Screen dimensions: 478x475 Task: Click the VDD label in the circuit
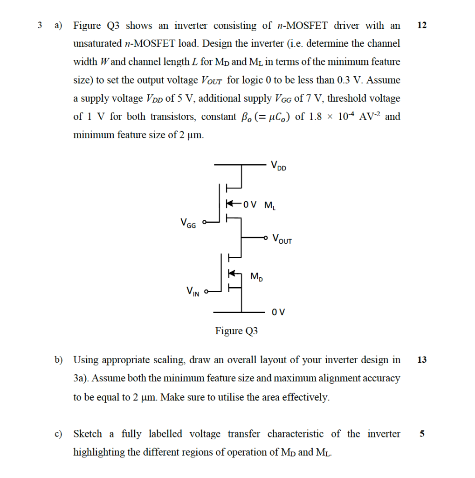point(279,166)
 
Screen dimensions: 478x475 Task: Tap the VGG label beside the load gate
point(188,223)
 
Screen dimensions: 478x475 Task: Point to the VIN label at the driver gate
point(193,292)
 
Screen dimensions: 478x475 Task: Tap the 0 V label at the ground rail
point(278,312)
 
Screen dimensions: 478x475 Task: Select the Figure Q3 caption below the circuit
point(236,331)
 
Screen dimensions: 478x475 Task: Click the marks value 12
point(421,25)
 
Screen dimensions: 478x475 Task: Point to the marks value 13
point(421,359)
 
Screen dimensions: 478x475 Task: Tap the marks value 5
point(421,434)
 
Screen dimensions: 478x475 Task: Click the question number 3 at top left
point(40,25)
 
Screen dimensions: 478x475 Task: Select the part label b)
point(58,359)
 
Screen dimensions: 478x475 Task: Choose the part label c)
point(58,434)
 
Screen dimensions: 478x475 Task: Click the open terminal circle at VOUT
point(266,238)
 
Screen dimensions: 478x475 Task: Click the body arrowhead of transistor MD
point(230,273)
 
